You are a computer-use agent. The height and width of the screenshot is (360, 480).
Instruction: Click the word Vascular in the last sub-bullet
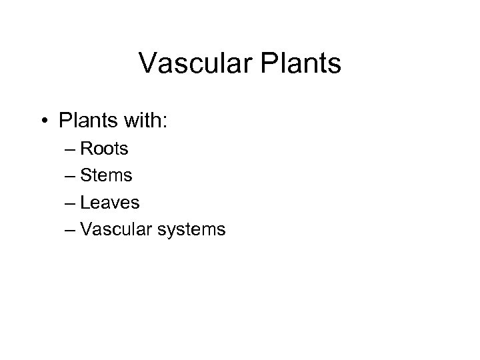pos(121,230)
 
